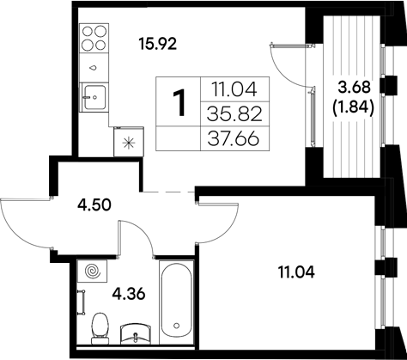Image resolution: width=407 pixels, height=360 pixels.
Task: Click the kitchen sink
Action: click(94, 95)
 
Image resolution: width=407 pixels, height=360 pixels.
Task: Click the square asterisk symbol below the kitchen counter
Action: click(129, 143)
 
